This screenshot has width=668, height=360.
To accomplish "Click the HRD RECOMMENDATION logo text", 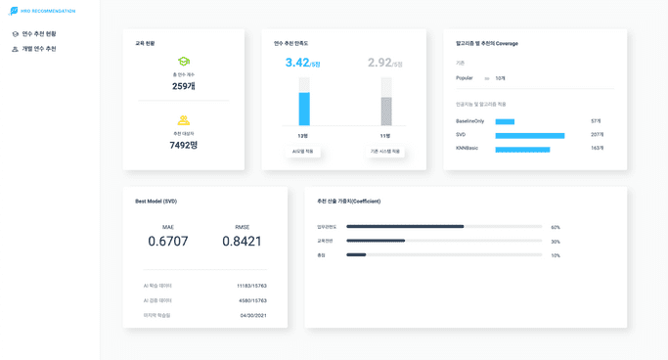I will (48, 11).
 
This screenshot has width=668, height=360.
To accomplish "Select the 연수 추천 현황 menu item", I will (39, 34).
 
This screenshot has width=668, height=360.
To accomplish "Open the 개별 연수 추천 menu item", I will (39, 49).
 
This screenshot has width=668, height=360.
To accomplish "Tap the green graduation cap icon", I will (184, 62).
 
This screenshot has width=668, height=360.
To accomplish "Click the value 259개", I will (184, 86).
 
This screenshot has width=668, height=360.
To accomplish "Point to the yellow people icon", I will (184, 120).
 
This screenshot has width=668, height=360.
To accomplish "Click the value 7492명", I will (184, 145).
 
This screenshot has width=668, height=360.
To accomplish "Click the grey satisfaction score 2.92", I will (379, 63).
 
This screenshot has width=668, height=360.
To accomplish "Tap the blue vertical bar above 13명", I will (304, 109).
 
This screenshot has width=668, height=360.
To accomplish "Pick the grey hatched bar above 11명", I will (386, 112).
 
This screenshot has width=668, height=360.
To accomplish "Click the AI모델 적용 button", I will (303, 152).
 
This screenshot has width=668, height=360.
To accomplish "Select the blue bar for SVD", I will (529, 135).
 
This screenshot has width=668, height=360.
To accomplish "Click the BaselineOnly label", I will (469, 121).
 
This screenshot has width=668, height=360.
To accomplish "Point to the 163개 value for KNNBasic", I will (597, 148).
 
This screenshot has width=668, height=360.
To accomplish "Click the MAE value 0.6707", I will (168, 242).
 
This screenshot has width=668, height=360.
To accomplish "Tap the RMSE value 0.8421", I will (242, 242).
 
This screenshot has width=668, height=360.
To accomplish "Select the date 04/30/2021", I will (253, 315).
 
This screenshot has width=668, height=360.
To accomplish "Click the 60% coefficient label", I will (556, 227).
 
